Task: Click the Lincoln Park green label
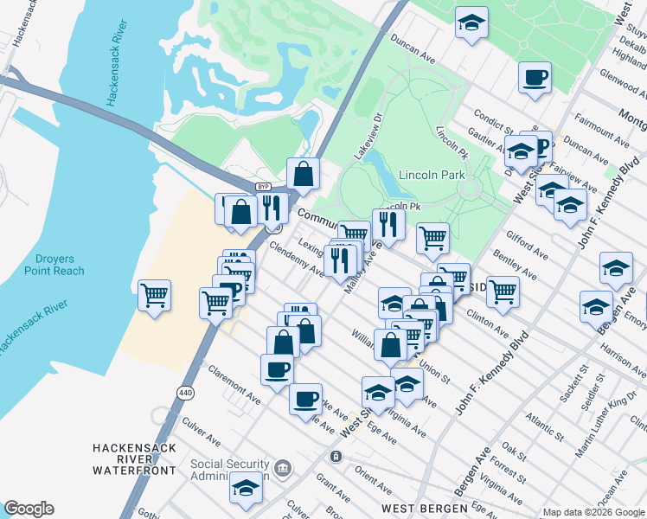click(x=432, y=174)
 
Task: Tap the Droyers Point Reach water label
click(x=60, y=265)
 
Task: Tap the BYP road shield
click(x=264, y=187)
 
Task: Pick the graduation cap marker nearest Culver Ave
click(x=247, y=487)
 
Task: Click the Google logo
click(x=29, y=509)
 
